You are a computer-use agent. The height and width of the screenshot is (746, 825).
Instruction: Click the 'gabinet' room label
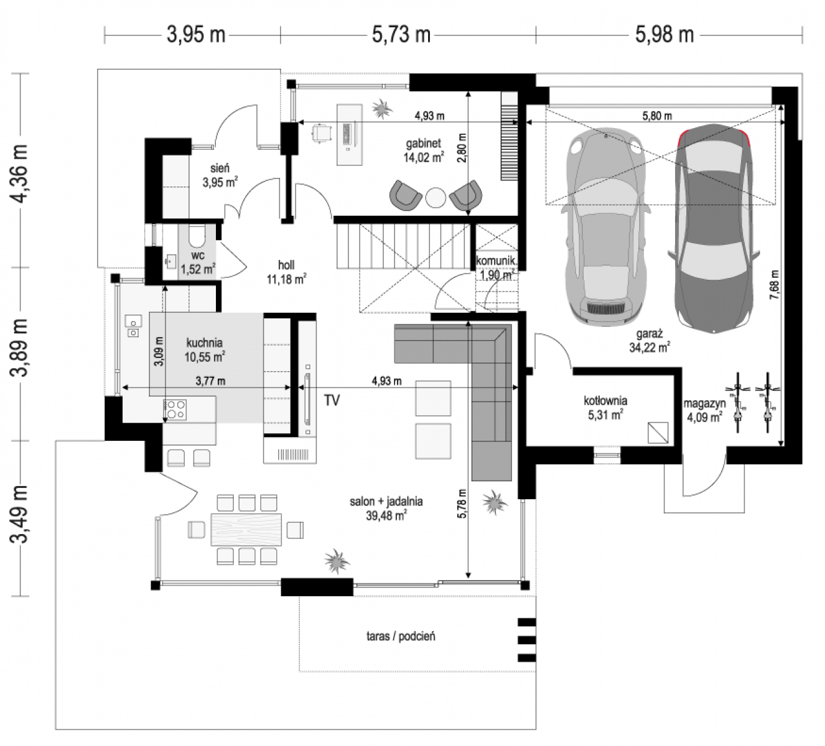coord(424,144)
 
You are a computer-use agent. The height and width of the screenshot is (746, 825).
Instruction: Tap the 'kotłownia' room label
coord(605,400)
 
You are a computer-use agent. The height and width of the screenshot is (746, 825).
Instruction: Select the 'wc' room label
coord(198,256)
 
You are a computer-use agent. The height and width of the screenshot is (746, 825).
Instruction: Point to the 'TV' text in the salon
coord(332,400)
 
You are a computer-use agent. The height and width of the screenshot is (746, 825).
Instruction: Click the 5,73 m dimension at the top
coord(401,35)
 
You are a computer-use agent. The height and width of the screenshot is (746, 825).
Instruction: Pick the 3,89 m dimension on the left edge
coord(19,348)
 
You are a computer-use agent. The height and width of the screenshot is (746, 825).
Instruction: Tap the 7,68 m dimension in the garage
coord(775,285)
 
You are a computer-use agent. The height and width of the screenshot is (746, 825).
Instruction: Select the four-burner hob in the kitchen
coord(175,410)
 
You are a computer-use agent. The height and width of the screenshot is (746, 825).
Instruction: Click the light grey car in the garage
coord(605,228)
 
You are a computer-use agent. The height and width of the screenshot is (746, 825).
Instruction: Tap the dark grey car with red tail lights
coord(714,229)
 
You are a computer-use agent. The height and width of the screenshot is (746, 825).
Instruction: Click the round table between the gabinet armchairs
coord(436,198)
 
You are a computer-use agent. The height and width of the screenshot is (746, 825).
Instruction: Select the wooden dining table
coord(246,530)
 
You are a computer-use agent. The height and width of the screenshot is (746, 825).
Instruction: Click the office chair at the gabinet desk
coord(322,133)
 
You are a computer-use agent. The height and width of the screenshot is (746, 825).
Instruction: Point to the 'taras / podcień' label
coord(401,637)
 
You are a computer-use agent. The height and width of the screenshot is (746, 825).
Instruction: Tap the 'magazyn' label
coord(704,403)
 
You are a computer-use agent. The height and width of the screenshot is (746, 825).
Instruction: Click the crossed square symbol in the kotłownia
coord(658,433)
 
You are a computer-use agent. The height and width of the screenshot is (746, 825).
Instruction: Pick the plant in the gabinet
coord(382,109)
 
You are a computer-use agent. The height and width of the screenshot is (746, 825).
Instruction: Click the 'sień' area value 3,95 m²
coord(220,182)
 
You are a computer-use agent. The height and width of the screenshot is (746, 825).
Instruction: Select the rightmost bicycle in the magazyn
coord(767,402)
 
